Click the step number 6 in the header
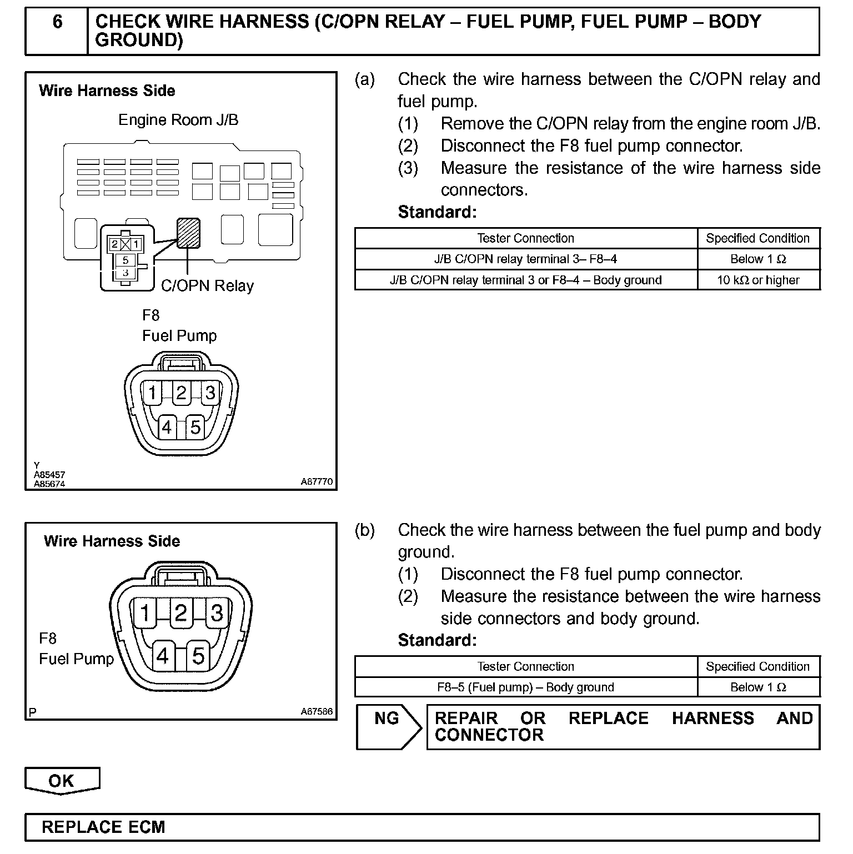(x=57, y=22)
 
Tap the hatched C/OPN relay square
(x=188, y=233)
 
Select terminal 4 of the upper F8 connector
(x=167, y=428)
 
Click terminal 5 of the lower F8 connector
(x=198, y=656)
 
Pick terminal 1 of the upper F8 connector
(x=152, y=393)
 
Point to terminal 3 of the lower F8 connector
(x=217, y=613)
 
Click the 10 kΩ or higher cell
(x=758, y=280)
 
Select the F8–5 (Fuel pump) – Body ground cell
(x=525, y=687)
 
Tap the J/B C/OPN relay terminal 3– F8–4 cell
(x=525, y=259)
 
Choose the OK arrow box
(x=62, y=781)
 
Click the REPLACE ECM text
(x=103, y=827)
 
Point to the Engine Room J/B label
(x=178, y=120)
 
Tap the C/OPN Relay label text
(x=207, y=286)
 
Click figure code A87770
(x=317, y=482)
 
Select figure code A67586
(x=317, y=711)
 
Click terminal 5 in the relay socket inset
(x=126, y=260)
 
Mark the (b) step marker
(x=365, y=530)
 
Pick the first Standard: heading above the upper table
(x=437, y=212)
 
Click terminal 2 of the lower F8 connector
(x=180, y=613)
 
